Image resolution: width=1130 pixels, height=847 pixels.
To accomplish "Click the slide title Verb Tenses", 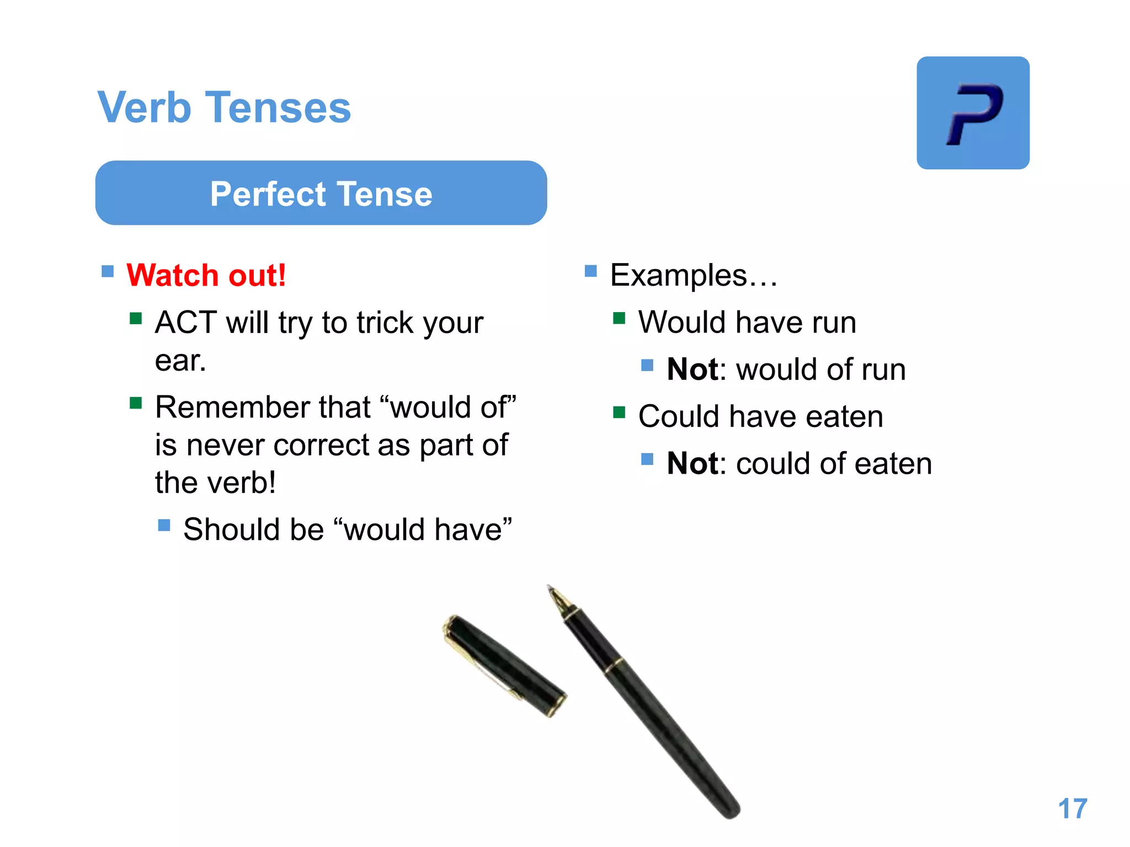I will point(224,107).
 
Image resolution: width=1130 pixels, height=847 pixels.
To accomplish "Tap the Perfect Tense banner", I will point(321,194).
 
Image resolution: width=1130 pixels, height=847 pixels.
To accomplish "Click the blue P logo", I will point(973,113).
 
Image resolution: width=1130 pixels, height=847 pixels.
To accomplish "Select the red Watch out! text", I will point(206,275).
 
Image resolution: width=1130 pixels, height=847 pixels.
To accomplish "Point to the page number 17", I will point(1072,809).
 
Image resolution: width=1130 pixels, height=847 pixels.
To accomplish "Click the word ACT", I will point(185,323).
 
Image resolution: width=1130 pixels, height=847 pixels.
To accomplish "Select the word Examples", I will point(679,275).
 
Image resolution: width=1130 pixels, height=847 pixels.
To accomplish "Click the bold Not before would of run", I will point(692,369).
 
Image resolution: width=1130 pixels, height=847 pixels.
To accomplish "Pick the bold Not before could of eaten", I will point(692,464).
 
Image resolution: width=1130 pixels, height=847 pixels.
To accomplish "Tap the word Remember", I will point(234,408).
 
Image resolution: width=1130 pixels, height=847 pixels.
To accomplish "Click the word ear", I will point(180,361).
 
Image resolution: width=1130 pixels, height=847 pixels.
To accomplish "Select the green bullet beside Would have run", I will point(619,318).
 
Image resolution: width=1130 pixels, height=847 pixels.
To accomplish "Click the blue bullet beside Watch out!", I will point(108,271).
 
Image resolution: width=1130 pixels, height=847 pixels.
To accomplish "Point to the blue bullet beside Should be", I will point(164,525).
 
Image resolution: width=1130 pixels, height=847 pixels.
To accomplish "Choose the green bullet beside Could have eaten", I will point(619,412).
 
